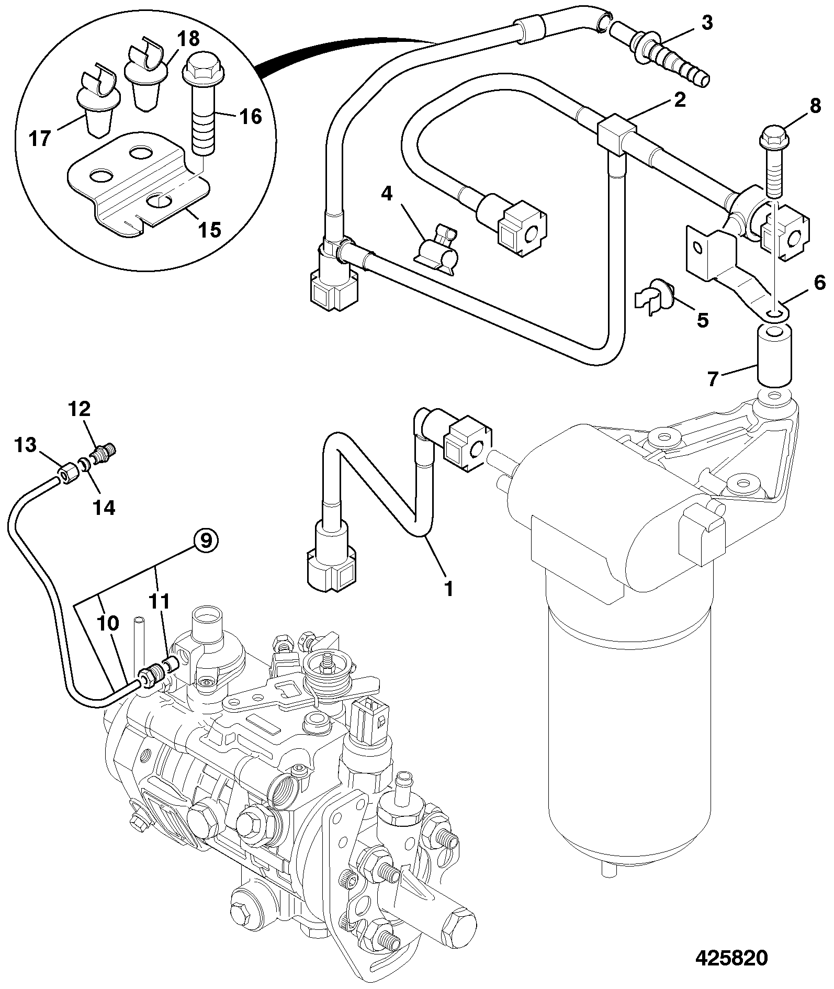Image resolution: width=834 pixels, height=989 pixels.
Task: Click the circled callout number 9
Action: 206,540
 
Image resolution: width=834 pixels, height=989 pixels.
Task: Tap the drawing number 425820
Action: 731,958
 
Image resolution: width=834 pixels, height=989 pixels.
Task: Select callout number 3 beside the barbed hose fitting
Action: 707,24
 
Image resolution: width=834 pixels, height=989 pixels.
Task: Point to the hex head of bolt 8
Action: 770,138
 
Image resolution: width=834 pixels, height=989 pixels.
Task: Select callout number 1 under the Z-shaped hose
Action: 448,589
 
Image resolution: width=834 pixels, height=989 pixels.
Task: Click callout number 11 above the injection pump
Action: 160,602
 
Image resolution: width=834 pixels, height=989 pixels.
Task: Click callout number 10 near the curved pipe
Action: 108,623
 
